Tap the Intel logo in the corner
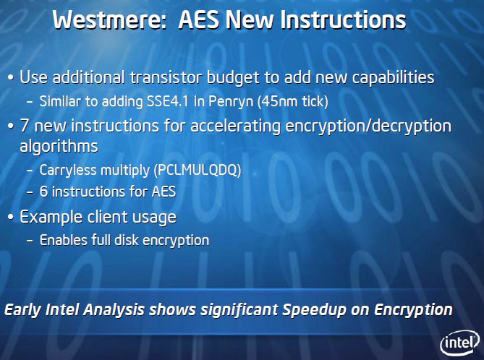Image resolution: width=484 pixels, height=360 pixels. [460, 343]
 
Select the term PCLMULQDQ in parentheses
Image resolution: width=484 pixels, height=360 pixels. [197, 170]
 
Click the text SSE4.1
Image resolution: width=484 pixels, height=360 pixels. [168, 101]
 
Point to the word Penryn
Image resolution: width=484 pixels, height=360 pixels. [231, 102]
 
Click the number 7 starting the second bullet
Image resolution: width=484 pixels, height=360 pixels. [25, 126]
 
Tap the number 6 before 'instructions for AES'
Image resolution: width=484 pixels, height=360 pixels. [43, 192]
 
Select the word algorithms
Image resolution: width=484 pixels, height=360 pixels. [59, 146]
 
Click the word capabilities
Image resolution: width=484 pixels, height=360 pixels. [393, 78]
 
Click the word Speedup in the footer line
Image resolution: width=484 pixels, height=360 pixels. [314, 310]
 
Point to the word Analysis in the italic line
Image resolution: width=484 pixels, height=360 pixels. [114, 310]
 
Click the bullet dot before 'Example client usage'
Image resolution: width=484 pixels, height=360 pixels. [11, 217]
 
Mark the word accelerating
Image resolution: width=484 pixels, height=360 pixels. [235, 127]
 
